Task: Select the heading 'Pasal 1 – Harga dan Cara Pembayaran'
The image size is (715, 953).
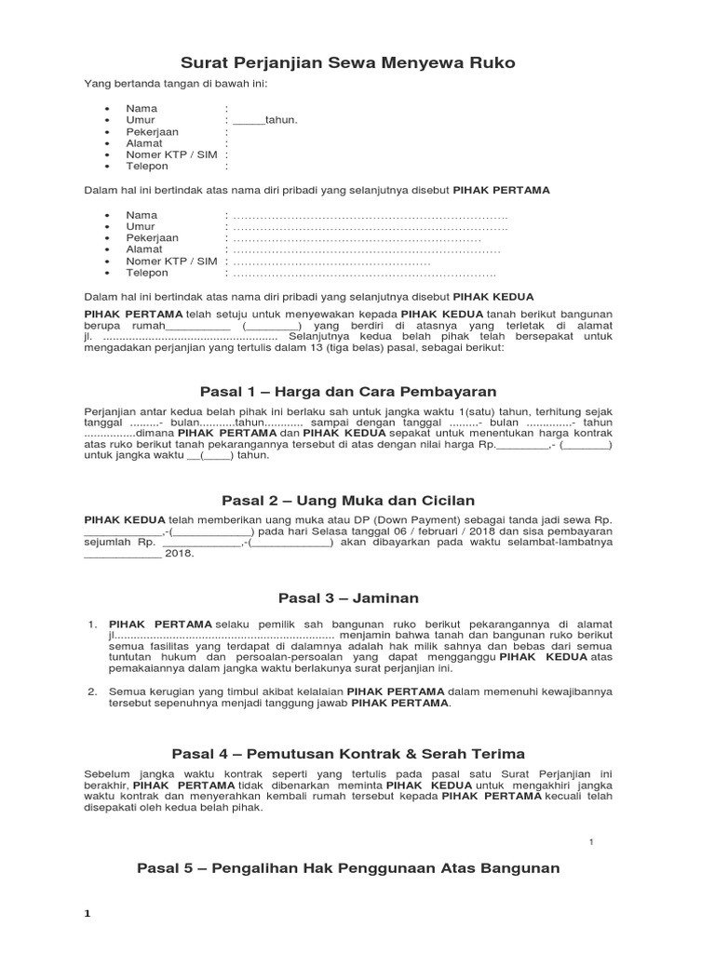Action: [348, 391]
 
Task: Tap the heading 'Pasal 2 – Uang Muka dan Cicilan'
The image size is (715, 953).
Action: [348, 500]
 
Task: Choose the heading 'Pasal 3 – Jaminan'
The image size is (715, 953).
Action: [348, 597]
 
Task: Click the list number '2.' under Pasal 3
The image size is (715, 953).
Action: [92, 691]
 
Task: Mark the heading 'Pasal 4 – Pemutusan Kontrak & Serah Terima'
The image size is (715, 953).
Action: [348, 754]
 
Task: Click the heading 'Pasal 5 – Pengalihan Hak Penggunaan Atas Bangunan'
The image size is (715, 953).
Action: [348, 867]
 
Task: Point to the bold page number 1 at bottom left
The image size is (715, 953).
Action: [88, 914]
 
